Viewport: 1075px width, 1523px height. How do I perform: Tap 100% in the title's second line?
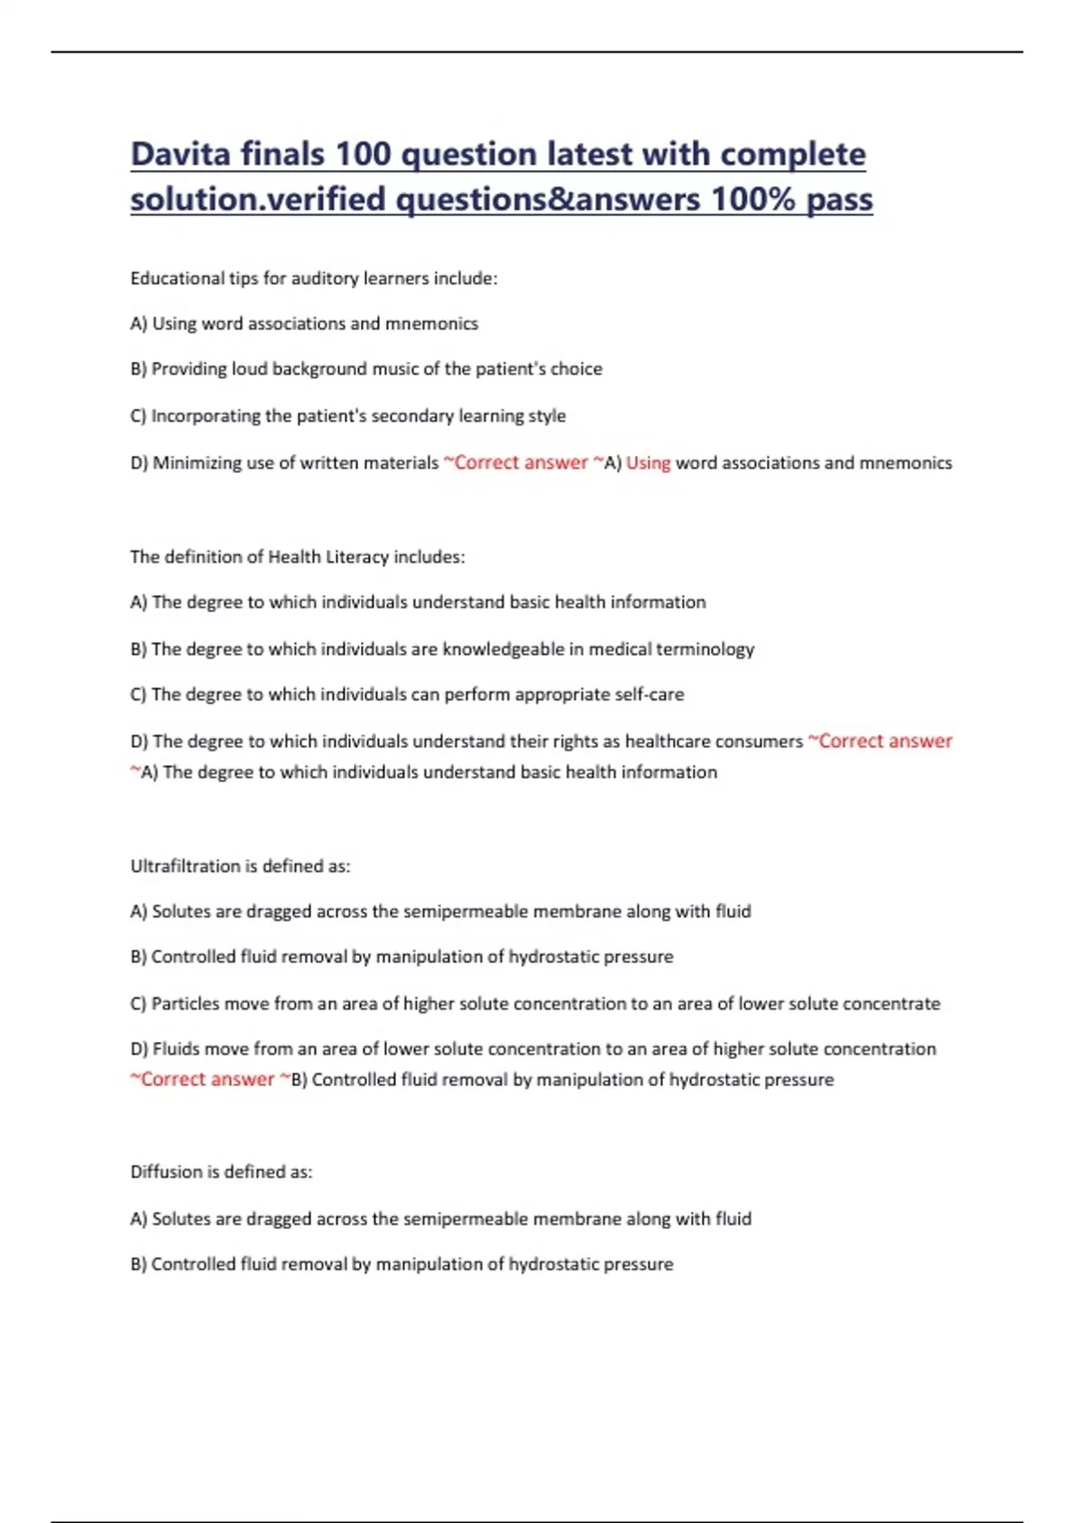click(x=752, y=199)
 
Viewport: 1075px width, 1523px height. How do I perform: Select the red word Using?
click(x=648, y=463)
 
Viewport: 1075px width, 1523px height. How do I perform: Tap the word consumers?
click(x=759, y=742)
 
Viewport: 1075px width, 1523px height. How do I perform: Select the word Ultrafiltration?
click(x=185, y=866)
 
